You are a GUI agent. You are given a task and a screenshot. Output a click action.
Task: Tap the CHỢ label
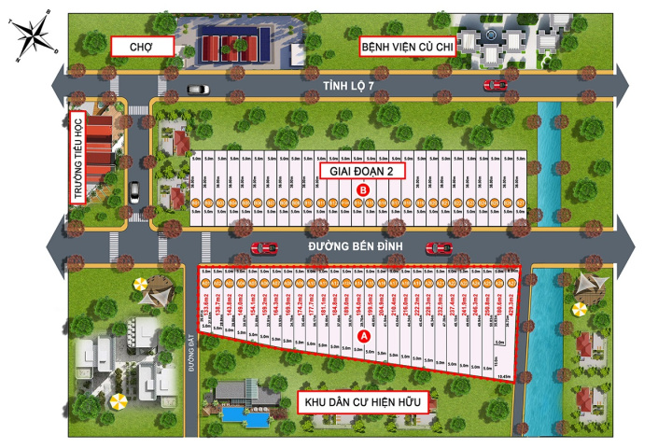tap(143, 46)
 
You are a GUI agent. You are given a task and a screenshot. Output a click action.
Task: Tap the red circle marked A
tap(365, 334)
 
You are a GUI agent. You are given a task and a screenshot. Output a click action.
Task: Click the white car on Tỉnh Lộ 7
tap(198, 90)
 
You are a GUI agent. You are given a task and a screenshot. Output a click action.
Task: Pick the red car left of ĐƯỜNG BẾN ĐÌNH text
tap(265, 247)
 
